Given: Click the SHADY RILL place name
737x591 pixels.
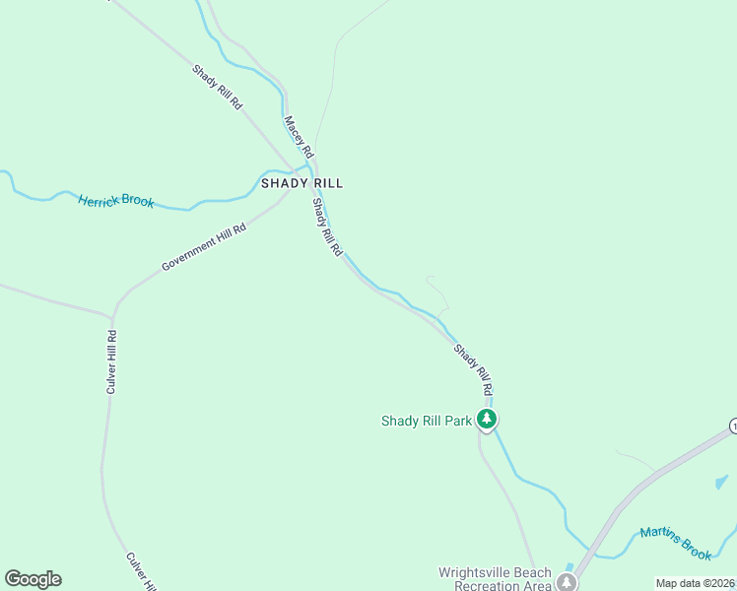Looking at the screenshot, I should tap(301, 183).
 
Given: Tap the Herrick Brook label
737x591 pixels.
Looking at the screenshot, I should tap(116, 200).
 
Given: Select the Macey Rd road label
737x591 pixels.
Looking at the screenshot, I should tap(298, 137).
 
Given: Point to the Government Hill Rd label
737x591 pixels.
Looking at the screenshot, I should tap(203, 246).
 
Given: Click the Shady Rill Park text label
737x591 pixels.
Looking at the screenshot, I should tap(427, 422).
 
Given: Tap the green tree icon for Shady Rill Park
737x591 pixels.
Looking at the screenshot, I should tap(486, 421).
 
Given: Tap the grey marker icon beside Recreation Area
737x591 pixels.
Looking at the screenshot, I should tap(567, 582).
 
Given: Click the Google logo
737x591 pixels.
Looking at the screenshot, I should tap(33, 579).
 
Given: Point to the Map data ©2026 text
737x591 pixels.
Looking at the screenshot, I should tap(696, 583).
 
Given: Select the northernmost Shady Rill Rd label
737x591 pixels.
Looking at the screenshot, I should tap(217, 87).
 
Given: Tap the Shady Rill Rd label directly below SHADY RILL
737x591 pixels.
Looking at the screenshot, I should tap(327, 228).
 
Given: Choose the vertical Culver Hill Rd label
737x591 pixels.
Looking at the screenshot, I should tap(112, 362).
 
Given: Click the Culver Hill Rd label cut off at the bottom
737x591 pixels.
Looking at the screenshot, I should tap(140, 571).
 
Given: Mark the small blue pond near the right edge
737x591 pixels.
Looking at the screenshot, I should tap(721, 483).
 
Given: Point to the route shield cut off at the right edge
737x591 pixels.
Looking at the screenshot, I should tap(732, 426).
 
